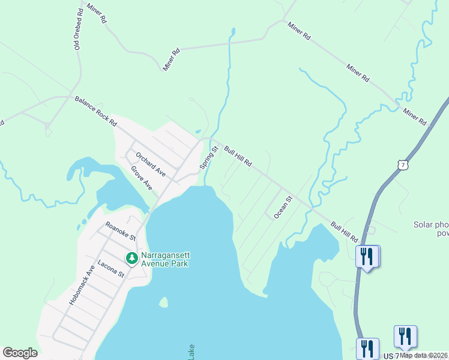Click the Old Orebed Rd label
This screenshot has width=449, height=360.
point(78,29)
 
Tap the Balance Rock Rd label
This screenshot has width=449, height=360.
point(95,110)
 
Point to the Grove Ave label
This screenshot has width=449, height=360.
point(142,178)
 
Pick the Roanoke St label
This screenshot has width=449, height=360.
point(121,230)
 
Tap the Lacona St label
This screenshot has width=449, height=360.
point(110,267)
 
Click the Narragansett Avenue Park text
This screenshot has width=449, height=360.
point(165,259)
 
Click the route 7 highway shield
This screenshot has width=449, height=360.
point(406,164)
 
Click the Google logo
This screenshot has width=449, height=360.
point(20,353)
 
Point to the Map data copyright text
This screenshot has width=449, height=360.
point(424,355)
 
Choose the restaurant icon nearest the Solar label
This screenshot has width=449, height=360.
point(366,257)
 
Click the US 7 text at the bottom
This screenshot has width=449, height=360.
point(391,356)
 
